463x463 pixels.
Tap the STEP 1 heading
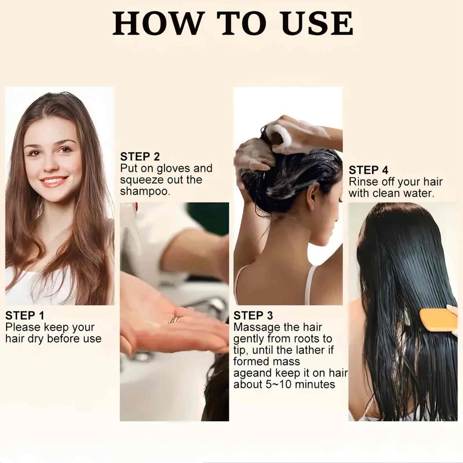click(25, 316)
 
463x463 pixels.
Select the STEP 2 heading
click(140, 157)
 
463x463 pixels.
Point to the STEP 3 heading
click(253, 316)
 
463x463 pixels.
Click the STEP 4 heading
click(368, 170)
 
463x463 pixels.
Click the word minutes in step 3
click(315, 384)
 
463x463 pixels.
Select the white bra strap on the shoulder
click(310, 285)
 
